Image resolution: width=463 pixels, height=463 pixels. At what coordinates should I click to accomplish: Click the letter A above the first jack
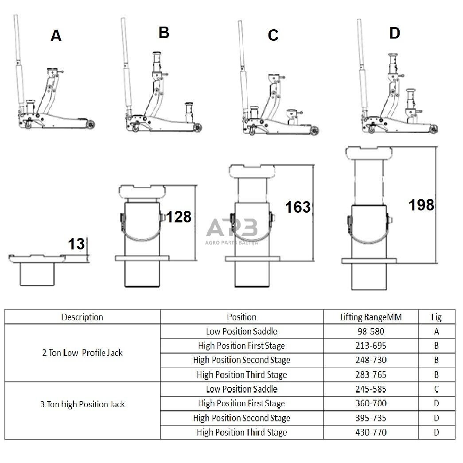pos(56,35)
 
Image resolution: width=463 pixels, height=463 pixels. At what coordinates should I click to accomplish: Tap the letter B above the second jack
pos(164,32)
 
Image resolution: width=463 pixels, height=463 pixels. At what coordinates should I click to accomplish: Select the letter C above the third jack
pos(273,35)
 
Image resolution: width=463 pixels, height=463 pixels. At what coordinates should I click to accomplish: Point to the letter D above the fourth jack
pos(394,33)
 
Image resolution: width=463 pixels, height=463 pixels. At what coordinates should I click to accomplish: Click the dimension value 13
pos(76,244)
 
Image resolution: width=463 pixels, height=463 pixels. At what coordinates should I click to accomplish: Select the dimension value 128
pos(179,217)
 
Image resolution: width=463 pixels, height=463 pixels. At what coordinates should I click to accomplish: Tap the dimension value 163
pos(298,207)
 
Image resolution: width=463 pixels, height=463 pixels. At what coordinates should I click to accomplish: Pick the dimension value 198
pos(421,205)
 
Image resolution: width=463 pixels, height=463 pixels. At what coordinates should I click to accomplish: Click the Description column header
pos(82,317)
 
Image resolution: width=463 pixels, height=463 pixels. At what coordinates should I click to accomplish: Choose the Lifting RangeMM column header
pos(371,317)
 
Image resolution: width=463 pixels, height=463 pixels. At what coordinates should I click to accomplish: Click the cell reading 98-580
pos(371,331)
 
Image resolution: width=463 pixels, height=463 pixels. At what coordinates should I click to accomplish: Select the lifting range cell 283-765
pos(371,375)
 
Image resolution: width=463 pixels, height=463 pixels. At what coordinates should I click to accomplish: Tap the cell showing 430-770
pos(371,432)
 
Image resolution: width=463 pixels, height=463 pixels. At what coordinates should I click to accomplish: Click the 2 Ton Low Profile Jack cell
pos(82,353)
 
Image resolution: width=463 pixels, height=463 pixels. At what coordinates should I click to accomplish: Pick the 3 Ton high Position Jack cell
pos(82,405)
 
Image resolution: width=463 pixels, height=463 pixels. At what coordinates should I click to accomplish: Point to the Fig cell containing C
pos(436,389)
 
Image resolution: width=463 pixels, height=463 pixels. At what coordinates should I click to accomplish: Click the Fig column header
pos(436,317)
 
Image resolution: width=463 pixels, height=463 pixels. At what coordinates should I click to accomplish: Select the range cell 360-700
pos(371,404)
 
